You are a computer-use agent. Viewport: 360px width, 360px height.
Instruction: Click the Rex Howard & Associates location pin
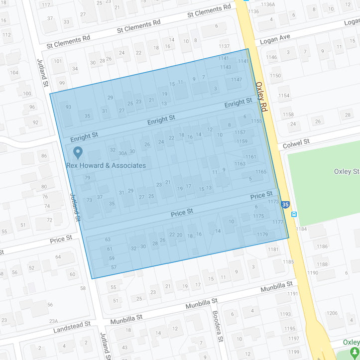77,152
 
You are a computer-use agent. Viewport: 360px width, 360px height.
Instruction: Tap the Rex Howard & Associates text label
106,165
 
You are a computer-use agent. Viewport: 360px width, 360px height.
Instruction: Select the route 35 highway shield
285,204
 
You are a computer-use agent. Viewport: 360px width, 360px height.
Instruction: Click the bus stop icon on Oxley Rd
294,214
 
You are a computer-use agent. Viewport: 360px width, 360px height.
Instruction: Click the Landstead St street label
72,327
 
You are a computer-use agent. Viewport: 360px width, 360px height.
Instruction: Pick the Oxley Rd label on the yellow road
261,96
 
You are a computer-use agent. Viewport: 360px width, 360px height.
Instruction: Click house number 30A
122,153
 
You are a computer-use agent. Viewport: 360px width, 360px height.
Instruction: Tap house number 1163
240,163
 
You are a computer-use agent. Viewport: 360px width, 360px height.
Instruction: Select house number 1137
224,46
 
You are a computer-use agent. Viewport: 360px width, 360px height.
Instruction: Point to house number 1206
332,313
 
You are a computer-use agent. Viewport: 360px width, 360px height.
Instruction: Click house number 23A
53,321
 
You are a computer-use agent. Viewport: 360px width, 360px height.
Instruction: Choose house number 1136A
268,4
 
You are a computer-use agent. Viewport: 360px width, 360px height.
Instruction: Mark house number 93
68,107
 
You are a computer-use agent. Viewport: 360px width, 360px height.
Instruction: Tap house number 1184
302,229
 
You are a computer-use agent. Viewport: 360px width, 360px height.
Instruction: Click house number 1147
237,80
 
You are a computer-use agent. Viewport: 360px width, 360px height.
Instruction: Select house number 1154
284,96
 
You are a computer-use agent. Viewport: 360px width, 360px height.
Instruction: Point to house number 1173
273,202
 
